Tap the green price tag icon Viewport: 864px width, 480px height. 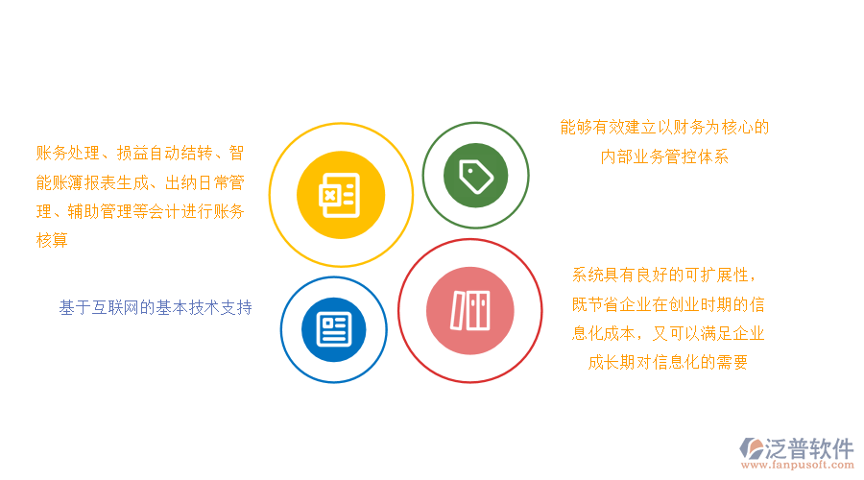[476, 175]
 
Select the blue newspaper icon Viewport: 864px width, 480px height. [333, 329]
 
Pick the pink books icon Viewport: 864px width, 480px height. [470, 310]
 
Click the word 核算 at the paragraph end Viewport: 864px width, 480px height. [52, 240]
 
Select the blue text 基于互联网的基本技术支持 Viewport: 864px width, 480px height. [156, 308]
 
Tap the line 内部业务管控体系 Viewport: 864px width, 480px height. [664, 156]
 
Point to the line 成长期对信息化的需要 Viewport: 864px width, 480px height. [668, 362]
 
